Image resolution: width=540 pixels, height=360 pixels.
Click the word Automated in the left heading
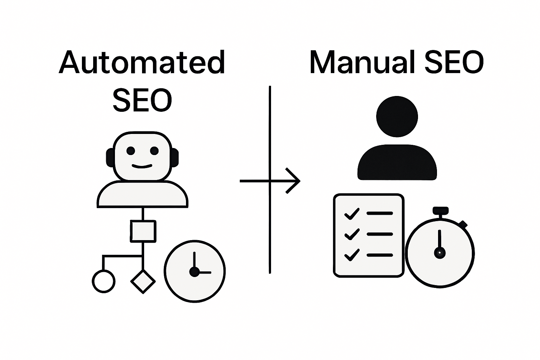pyautogui.click(x=142, y=62)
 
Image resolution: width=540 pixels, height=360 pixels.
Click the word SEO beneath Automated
pyautogui.click(x=142, y=100)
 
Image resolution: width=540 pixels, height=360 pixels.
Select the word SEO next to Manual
pyautogui.click(x=453, y=62)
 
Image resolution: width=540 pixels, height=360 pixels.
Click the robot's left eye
pyautogui.click(x=130, y=151)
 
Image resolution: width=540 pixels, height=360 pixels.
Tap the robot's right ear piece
pyautogui.click(x=174, y=157)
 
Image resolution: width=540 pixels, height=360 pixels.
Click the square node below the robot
pyautogui.click(x=143, y=231)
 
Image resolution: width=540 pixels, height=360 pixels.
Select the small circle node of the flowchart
pyautogui.click(x=103, y=281)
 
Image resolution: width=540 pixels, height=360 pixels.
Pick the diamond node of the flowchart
pyautogui.click(x=143, y=281)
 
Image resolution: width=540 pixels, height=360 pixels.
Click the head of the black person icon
pyautogui.click(x=397, y=117)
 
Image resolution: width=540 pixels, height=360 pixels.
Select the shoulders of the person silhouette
pyautogui.click(x=397, y=163)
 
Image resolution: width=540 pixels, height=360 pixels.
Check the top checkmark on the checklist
pyautogui.click(x=352, y=213)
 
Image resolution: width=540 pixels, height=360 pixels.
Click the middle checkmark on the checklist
pyautogui.click(x=352, y=234)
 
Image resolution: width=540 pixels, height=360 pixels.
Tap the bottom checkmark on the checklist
pyautogui.click(x=352, y=255)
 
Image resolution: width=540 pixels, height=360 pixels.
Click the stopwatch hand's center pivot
pyautogui.click(x=439, y=252)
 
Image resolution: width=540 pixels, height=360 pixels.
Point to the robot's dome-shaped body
pyautogui.click(x=142, y=194)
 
